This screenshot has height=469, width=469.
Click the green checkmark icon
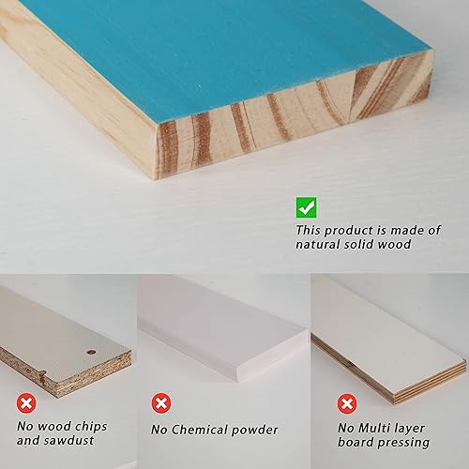coord(306,207)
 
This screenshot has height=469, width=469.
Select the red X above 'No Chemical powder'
coord(161,404)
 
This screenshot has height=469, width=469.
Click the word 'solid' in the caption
coord(359,247)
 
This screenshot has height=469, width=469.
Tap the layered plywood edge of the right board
coord(394,380)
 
